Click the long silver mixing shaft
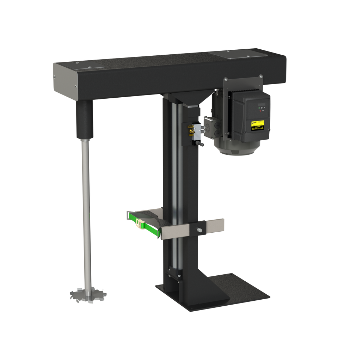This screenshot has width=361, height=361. [86, 212]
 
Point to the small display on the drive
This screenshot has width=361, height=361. [262, 104]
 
